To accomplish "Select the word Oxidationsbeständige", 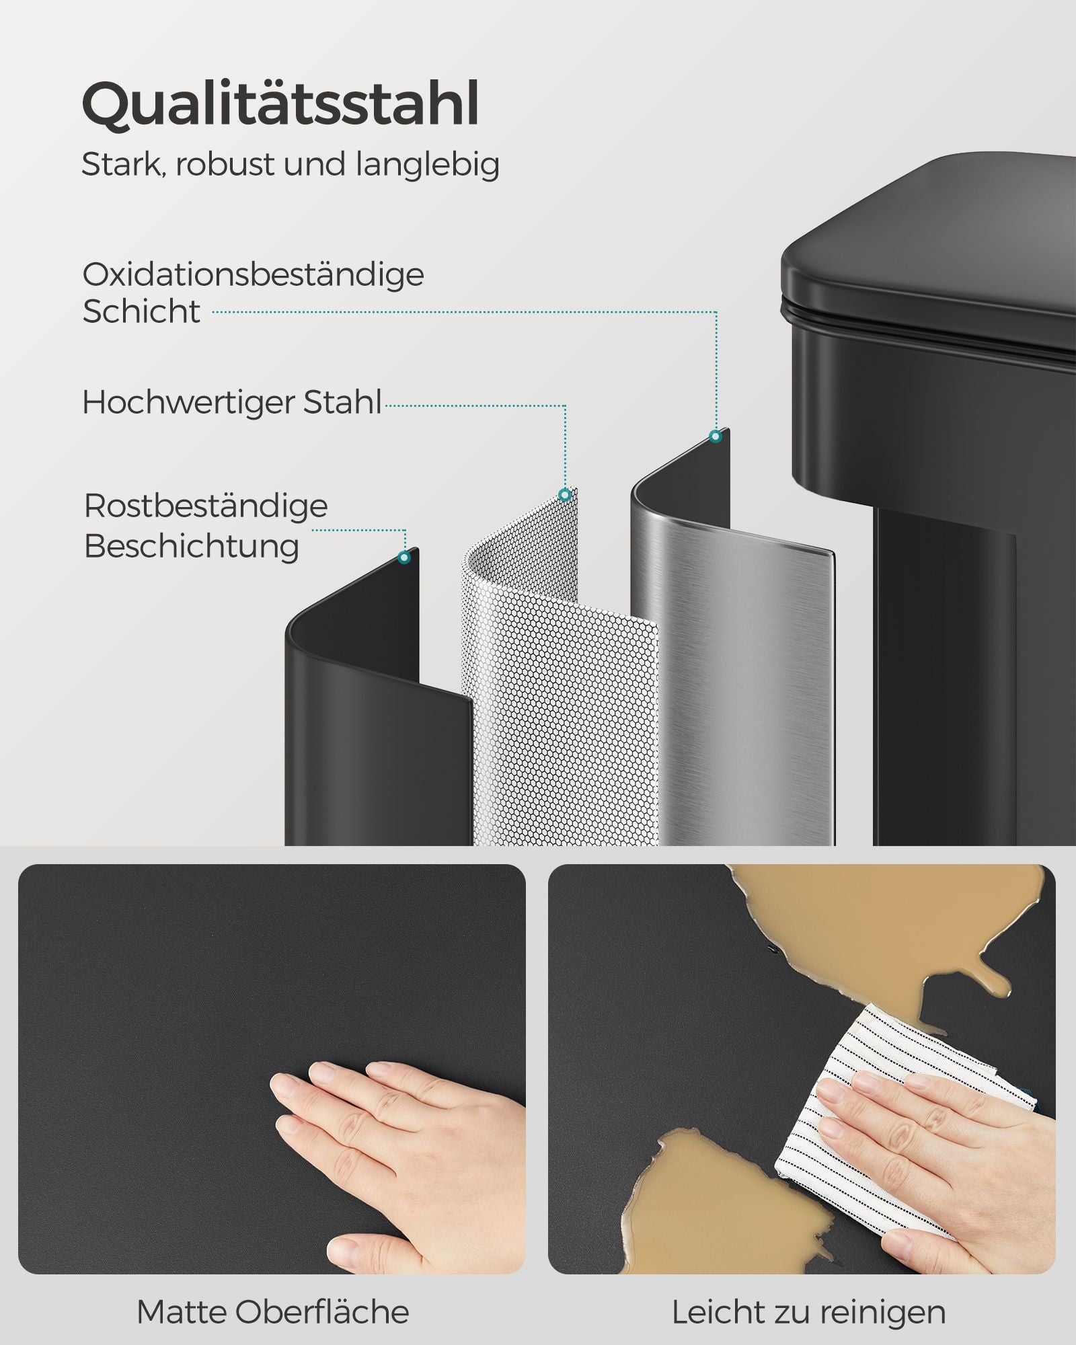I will (x=253, y=275).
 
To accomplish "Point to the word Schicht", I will (x=141, y=311).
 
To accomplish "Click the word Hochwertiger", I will (x=188, y=402).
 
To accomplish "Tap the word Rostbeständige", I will (x=206, y=506).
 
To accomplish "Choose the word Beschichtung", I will (x=192, y=546).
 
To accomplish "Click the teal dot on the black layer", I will (x=404, y=558).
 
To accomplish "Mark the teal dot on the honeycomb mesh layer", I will (x=565, y=495).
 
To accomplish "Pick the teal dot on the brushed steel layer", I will (x=716, y=436).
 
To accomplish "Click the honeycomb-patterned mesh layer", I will (x=565, y=706).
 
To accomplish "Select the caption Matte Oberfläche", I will (x=272, y=1312).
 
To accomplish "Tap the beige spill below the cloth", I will (x=713, y=1204).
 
